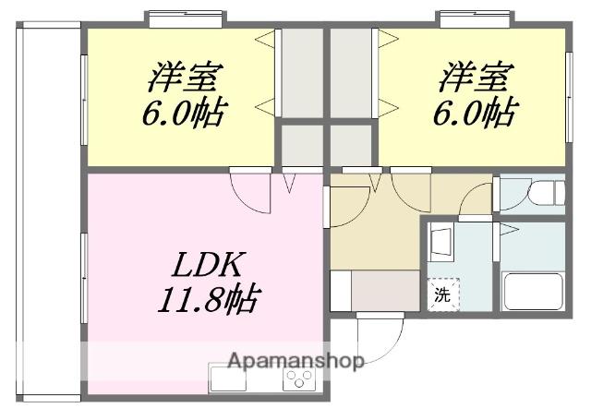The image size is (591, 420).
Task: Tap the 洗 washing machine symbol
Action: tap(443, 295)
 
